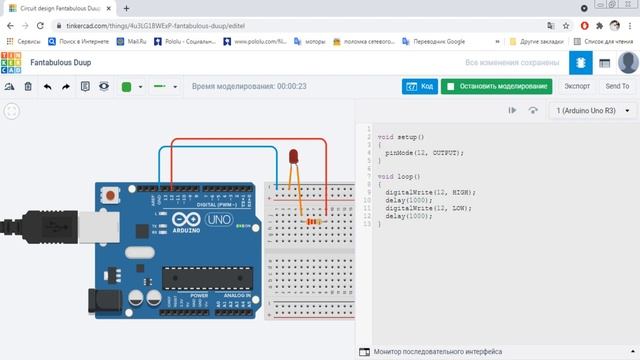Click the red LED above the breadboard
coord(293,156)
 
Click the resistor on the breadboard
coord(316,220)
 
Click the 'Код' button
coord(420,86)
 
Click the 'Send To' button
coord(617,86)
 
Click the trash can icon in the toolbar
coord(28,87)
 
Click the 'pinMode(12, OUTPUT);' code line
coord(424,153)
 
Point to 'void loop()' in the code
coord(400,175)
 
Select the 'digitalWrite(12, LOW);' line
coord(430,207)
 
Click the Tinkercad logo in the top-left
coord(12,62)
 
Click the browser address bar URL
coord(150,24)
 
